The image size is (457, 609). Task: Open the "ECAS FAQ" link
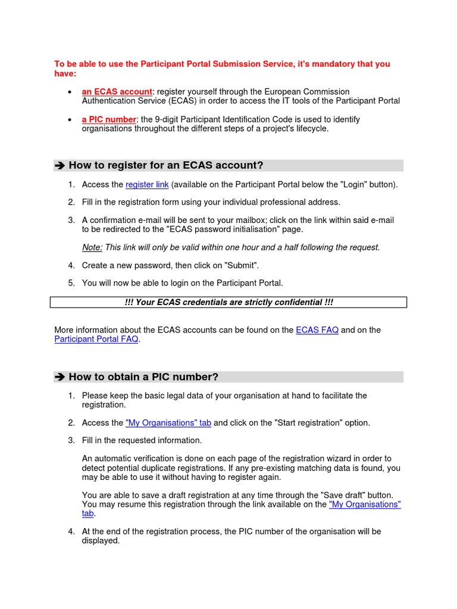pos(317,330)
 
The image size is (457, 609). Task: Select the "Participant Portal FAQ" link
pos(96,340)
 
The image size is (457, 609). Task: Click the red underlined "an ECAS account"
pos(117,92)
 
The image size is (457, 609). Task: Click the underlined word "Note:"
pos(92,247)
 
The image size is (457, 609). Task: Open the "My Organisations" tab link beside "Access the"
pos(168,423)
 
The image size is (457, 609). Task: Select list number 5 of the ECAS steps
pos(71,283)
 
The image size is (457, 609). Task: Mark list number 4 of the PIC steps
pos(71,532)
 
